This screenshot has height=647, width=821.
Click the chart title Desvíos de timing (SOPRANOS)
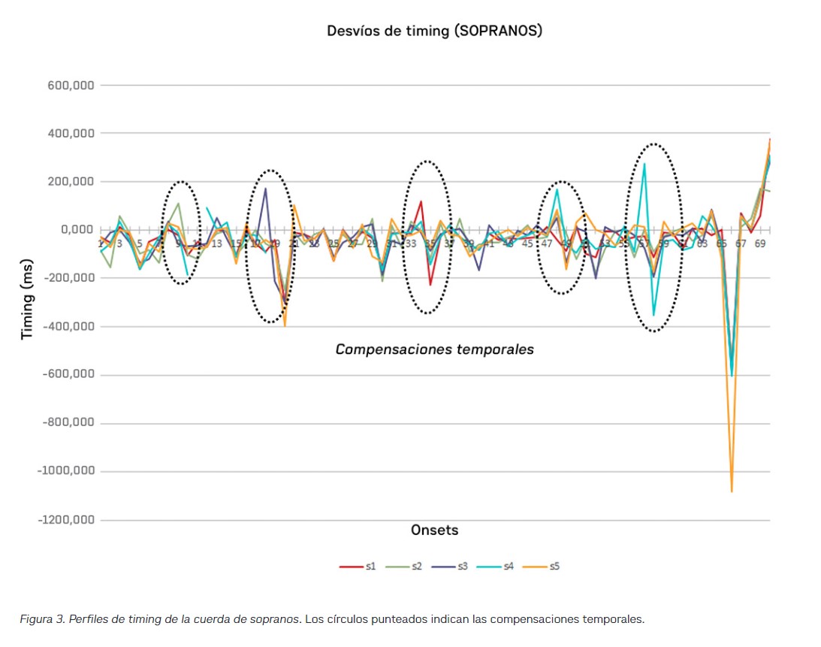tap(434, 31)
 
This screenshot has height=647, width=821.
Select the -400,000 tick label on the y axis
tap(70, 326)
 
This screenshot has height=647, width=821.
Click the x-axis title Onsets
tap(434, 530)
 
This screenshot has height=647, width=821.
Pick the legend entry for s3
tap(454, 567)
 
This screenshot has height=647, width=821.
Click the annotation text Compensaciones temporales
tap(434, 349)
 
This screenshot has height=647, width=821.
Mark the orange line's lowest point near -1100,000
tap(732, 491)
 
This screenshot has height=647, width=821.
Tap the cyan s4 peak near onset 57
tap(644, 164)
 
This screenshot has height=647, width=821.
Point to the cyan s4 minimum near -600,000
tap(732, 375)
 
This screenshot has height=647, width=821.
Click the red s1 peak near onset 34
tap(421, 201)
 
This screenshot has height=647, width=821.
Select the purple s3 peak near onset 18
tap(265, 189)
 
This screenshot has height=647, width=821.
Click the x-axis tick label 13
tap(216, 243)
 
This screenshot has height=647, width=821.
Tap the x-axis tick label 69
tap(760, 243)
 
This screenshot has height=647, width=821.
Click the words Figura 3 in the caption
tap(44, 620)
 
